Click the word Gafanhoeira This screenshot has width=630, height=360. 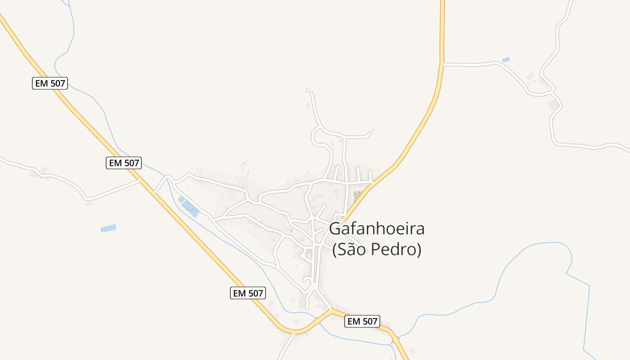click(x=377, y=229)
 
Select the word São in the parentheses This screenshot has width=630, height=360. click(x=353, y=249)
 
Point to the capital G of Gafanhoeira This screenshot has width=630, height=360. click(x=335, y=229)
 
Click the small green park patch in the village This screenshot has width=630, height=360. click(x=357, y=195)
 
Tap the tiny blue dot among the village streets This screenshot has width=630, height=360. click(x=291, y=230)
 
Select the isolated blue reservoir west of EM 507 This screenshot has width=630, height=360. click(x=108, y=228)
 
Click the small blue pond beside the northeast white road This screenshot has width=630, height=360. click(x=506, y=59)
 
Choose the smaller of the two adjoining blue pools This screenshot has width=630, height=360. click(x=181, y=199)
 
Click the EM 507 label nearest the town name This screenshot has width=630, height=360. click(x=362, y=321)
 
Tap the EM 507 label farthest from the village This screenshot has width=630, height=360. click(x=50, y=83)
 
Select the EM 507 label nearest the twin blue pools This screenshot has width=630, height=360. click(x=124, y=163)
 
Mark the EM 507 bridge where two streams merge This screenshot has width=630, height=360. click(x=395, y=340)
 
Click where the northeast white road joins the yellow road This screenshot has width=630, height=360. click(x=443, y=64)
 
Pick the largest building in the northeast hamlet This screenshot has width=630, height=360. click(x=553, y=105)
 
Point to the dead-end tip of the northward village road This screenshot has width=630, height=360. click(x=311, y=93)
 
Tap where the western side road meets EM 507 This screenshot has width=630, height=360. click(x=139, y=181)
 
